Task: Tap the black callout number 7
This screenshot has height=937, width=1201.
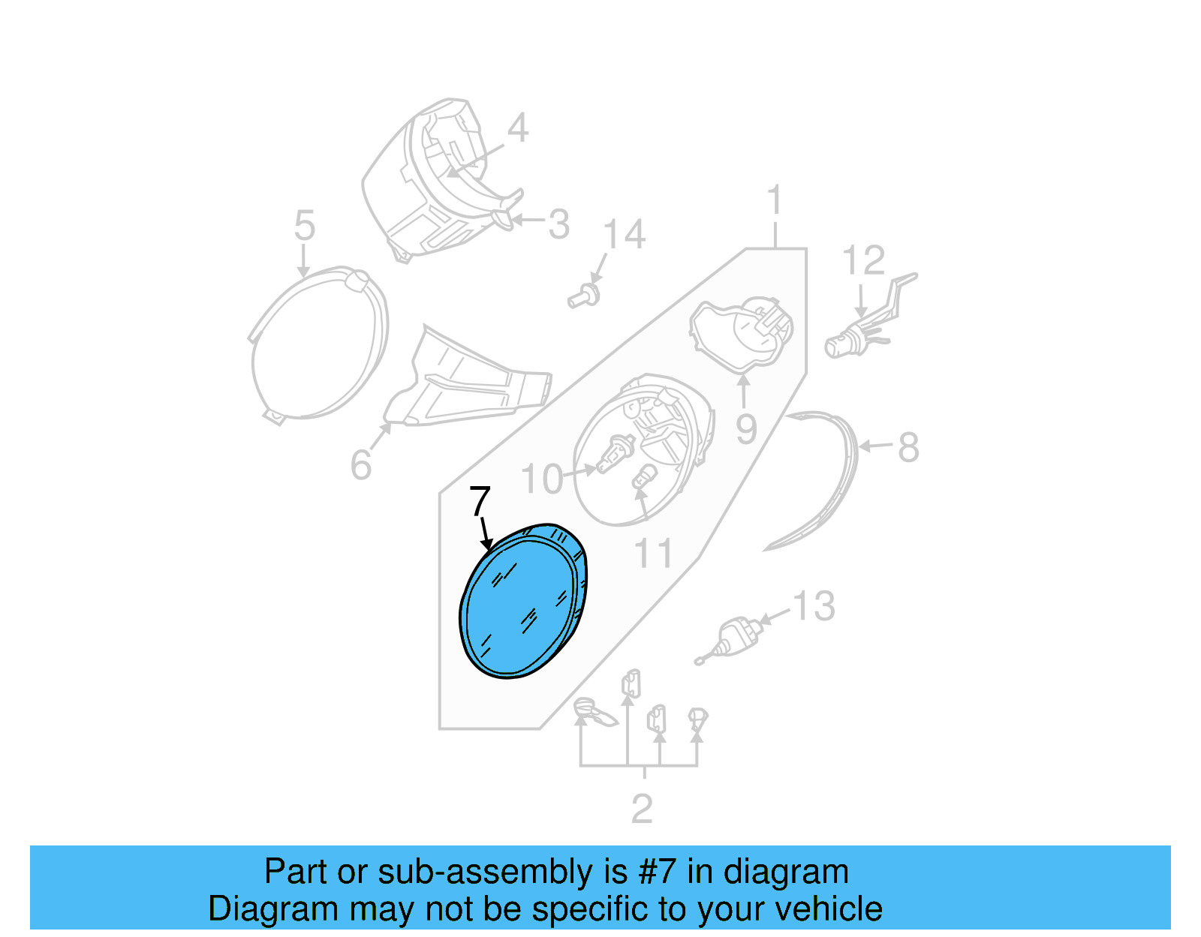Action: [480, 501]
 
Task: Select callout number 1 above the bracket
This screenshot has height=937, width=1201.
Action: [775, 201]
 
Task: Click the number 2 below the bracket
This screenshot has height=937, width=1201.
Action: [642, 809]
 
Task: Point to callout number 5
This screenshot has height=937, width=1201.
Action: [304, 225]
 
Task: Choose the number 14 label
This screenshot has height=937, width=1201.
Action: [624, 235]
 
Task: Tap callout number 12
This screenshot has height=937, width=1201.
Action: [863, 261]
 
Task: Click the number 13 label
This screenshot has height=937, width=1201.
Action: [814, 606]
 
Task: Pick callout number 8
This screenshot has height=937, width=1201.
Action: [908, 448]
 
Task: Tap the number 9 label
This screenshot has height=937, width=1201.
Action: [746, 429]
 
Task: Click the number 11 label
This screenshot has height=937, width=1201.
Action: [653, 554]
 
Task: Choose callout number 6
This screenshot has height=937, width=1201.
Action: [361, 465]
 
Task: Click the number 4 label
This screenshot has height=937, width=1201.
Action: [518, 128]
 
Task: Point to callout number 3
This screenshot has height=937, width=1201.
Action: [558, 224]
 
